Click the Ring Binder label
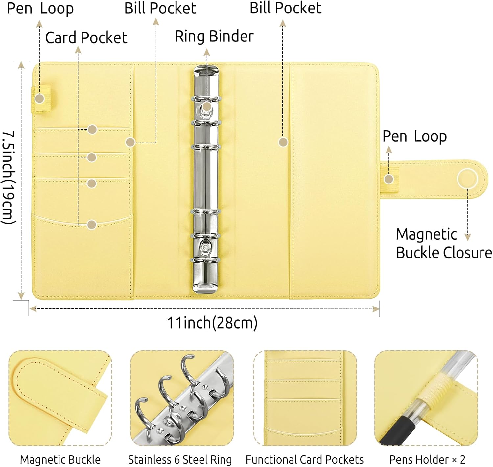pyautogui.click(x=214, y=37)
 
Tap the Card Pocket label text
pyautogui.click(x=86, y=38)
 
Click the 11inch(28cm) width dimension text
pyautogui.click(x=212, y=323)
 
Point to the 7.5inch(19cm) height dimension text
pyautogui.click(x=9, y=178)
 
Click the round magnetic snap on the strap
pyautogui.click(x=467, y=179)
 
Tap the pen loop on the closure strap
pyautogui.click(x=390, y=180)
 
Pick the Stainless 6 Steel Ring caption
pyautogui.click(x=180, y=459)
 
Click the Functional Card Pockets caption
pyautogui.click(x=305, y=459)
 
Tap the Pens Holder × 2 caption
pyautogui.click(x=427, y=459)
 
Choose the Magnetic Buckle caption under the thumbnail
pyautogui.click(x=60, y=459)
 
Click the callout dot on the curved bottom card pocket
pyautogui.click(x=92, y=225)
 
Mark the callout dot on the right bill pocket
pyautogui.click(x=283, y=142)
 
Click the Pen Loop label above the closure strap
pyautogui.click(x=414, y=136)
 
